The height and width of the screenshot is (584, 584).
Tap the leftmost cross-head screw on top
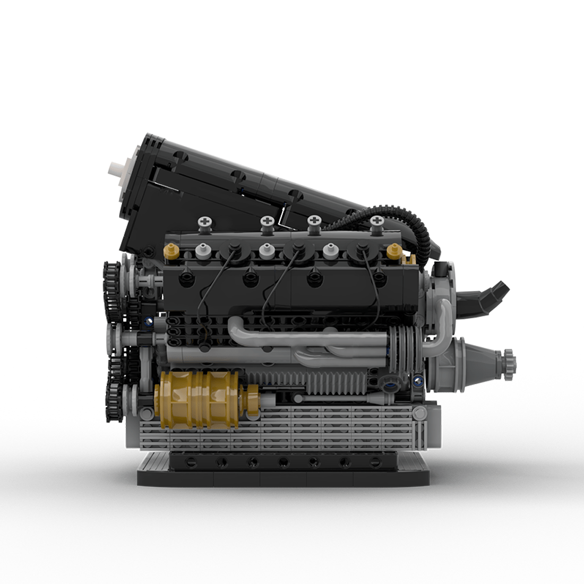click(x=204, y=221)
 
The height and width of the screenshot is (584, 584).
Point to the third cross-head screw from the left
click(x=314, y=221)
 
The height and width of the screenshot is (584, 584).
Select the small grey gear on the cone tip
click(x=509, y=360)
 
